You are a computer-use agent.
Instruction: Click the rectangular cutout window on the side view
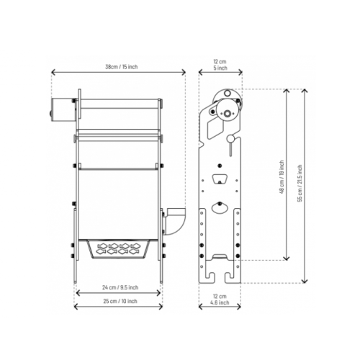215,127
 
